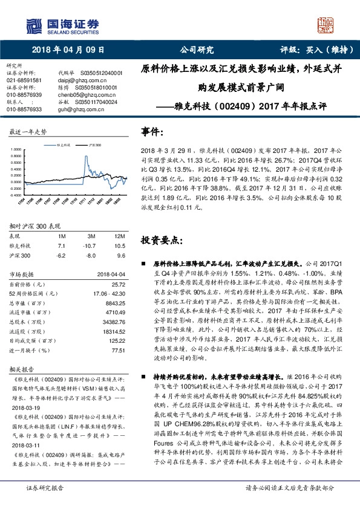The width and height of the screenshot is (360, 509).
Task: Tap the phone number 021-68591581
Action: [24, 80]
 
